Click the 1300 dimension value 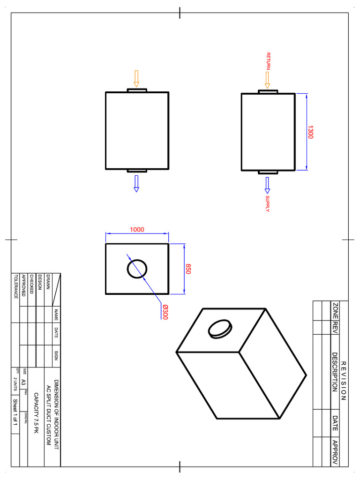pos(310,132)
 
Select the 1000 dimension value pos(137,230)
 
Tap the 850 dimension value pos(188,269)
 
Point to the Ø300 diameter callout pos(165,312)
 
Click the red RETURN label pos(268,61)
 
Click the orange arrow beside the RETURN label pos(267,80)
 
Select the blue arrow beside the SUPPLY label pos(267,184)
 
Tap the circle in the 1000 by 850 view pos(137,269)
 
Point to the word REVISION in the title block pos(343,381)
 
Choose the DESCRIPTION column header pos(335,372)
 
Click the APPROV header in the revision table pos(335,451)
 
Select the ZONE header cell pos(335,311)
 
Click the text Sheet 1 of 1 pos(15,412)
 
